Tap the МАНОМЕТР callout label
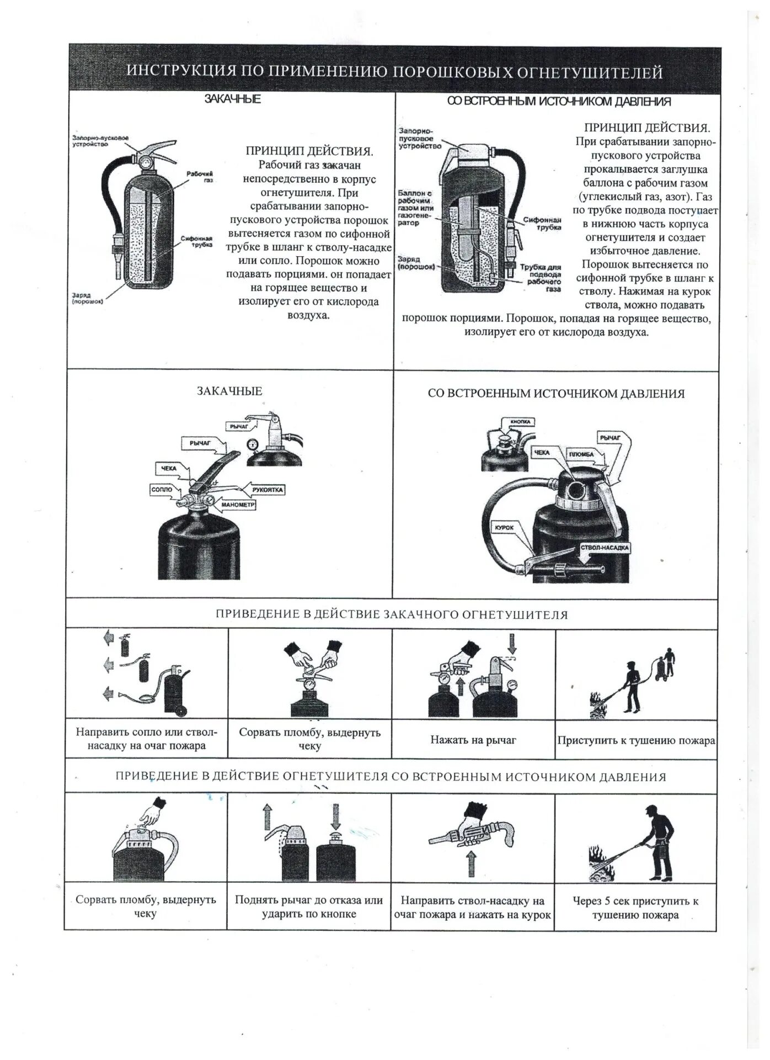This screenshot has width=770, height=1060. [238, 505]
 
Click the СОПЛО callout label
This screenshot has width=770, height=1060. [161, 490]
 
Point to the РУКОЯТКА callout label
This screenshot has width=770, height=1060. [268, 490]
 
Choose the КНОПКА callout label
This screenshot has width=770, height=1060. [520, 422]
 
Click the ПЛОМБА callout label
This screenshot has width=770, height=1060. [581, 454]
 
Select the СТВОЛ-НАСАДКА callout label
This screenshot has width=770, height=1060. [605, 548]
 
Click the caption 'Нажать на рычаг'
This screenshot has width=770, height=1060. [473, 740]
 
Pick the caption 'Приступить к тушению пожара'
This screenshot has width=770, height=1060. [636, 740]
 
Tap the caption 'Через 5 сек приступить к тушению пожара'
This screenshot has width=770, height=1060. [635, 908]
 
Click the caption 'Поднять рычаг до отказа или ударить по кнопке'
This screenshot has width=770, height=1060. [309, 907]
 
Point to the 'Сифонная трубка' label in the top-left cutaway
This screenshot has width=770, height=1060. [196, 241]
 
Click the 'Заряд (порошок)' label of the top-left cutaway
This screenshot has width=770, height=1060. [87, 298]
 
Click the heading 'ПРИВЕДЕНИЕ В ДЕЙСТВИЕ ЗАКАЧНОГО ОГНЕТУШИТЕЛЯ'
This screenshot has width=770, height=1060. [391, 614]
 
